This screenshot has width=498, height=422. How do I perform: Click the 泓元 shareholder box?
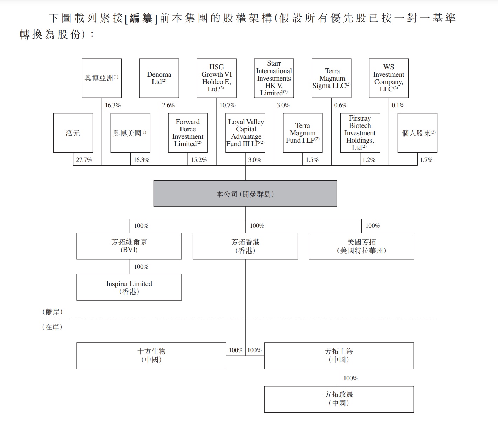tap(73, 133)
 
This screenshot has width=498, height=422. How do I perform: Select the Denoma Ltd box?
tap(159, 78)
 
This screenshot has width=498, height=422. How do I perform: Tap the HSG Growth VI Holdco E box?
tap(217, 78)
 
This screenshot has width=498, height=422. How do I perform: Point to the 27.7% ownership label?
tap(84, 160)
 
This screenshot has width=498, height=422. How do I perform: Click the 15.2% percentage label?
tap(199, 160)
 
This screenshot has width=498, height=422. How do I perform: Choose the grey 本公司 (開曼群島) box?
tap(245, 193)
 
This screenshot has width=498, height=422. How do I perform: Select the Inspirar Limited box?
tap(129, 287)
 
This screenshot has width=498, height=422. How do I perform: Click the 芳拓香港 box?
tap(245, 246)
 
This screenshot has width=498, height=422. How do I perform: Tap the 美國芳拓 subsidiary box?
tap(361, 246)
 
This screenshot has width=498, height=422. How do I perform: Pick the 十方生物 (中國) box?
tap(151, 355)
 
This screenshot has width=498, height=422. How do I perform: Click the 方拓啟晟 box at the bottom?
tap(339, 399)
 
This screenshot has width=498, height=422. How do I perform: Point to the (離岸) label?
tap(53, 312)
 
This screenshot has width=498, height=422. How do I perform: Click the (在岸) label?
tap(53, 327)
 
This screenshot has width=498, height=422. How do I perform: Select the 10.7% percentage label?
tap(227, 105)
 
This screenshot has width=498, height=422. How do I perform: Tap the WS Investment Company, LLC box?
tap(389, 78)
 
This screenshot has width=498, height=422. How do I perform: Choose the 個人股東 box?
tap(417, 133)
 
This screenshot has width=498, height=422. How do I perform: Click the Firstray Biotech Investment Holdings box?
tap(360, 133)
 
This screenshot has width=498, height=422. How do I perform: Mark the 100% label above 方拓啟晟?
tap(350, 378)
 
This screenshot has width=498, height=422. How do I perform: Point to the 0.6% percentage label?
tap(340, 105)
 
